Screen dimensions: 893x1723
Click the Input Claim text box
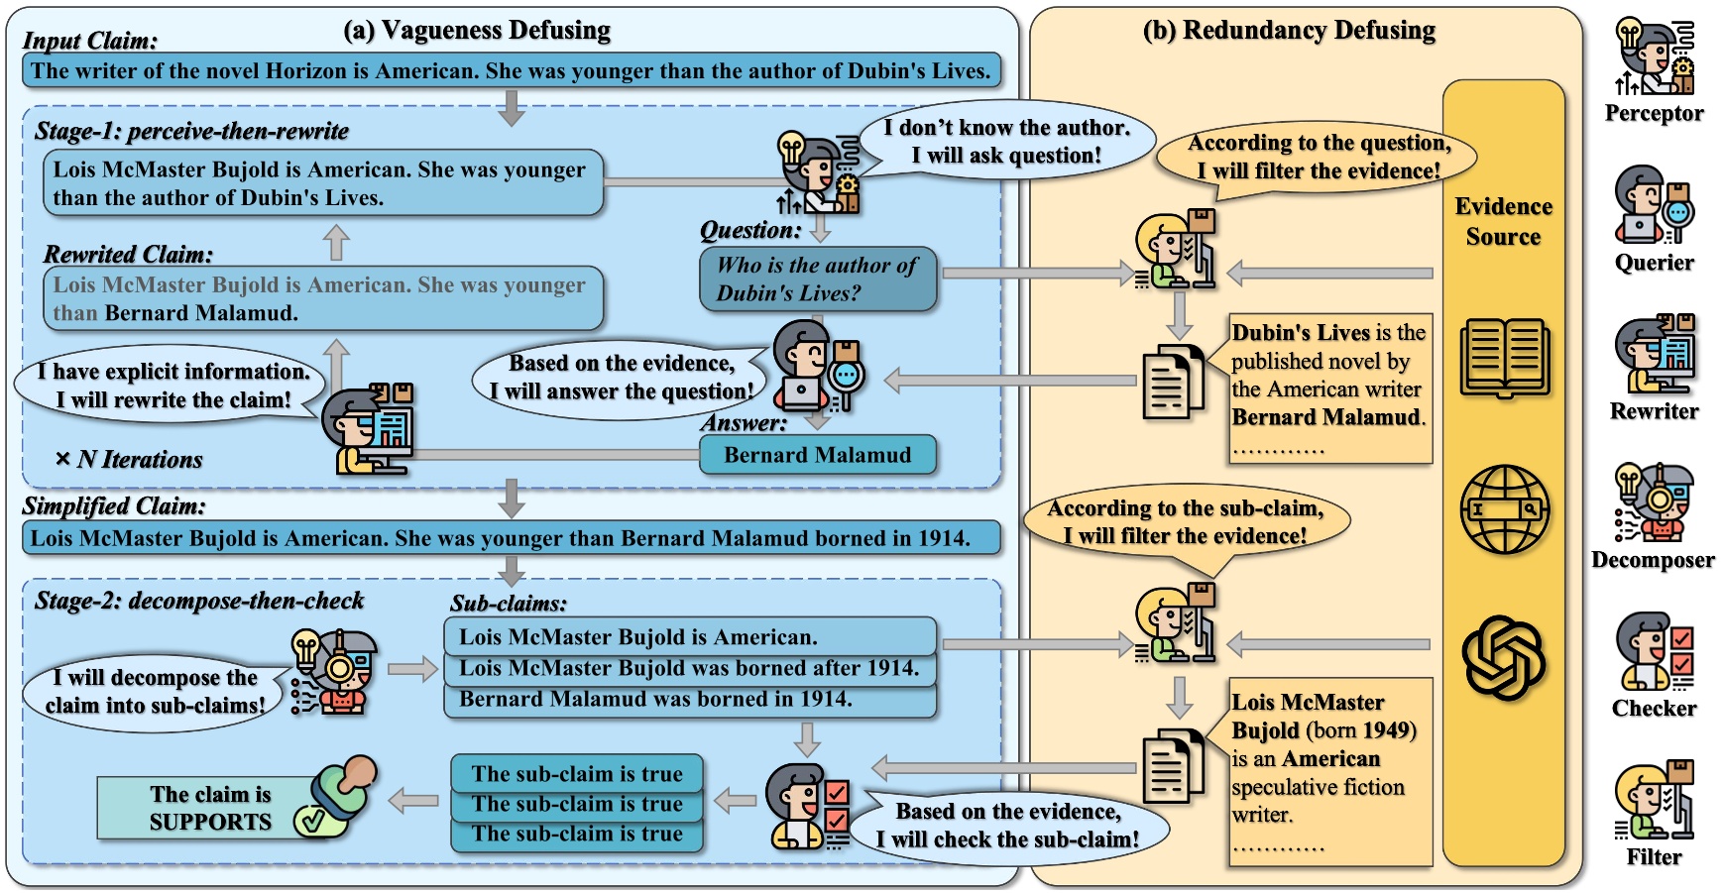[511, 70]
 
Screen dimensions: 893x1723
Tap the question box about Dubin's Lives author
[817, 279]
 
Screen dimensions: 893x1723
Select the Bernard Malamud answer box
[817, 455]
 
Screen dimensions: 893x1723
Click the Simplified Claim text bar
[511, 538]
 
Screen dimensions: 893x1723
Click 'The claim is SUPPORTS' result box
[210, 808]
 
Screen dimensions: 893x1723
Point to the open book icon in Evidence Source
[1504, 357]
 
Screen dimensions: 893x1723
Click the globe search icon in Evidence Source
[1504, 509]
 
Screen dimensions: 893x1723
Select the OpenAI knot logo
[1504, 657]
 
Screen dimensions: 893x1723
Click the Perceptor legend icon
[1654, 57]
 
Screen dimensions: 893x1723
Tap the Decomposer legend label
[1653, 560]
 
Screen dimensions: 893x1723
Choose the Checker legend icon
[1654, 651]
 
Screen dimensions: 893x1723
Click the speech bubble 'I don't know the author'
[1006, 141]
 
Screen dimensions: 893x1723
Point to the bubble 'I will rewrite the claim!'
[173, 386]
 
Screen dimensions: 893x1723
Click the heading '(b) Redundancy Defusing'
[1289, 31]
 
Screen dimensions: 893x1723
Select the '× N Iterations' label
[129, 460]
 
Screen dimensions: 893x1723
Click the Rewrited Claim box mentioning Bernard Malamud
[323, 298]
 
